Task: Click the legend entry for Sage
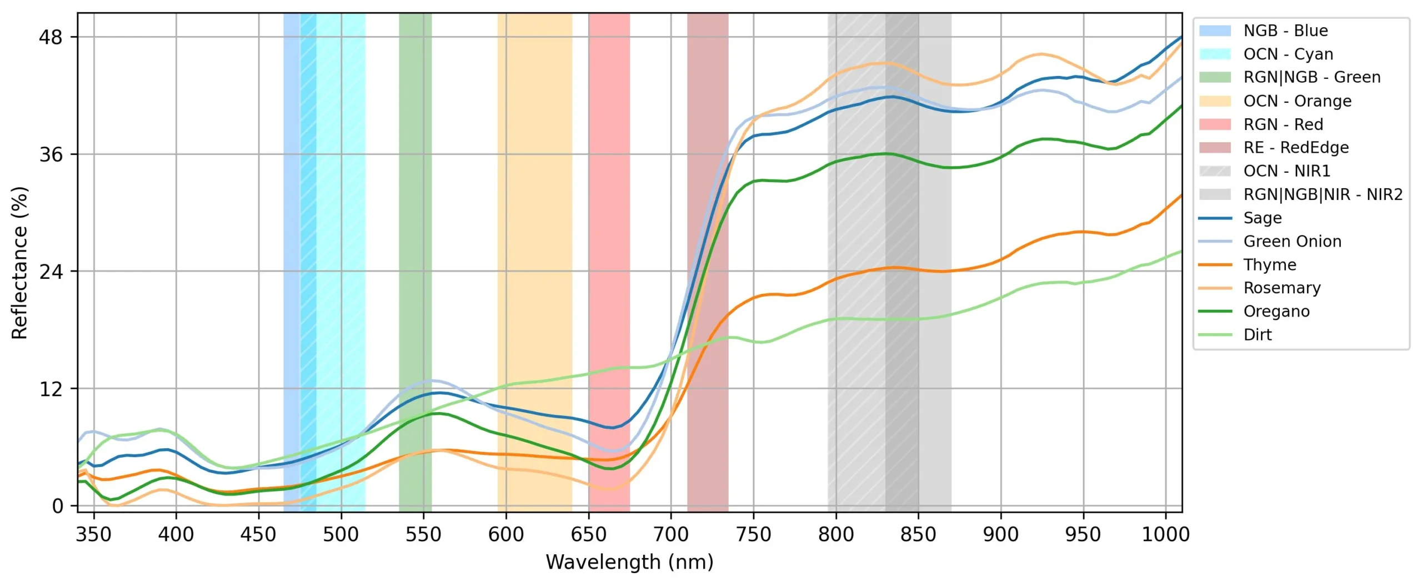coord(1262,218)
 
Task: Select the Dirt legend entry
coord(1257,334)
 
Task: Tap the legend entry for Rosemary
coord(1281,288)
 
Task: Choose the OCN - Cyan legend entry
coord(1288,54)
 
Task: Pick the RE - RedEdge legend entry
coord(1295,147)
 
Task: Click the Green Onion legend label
coord(1292,241)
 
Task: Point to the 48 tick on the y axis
coord(51,37)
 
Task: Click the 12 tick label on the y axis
coord(51,389)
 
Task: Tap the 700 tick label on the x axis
coord(670,534)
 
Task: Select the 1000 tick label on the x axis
coord(1165,534)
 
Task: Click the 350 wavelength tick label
coord(94,534)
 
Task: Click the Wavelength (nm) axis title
coord(629,562)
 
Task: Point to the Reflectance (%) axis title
coord(19,262)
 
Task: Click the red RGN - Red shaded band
coord(609,222)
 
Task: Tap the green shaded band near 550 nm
coord(415,222)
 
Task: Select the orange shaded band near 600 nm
coord(534,222)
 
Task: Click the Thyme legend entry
coord(1269,264)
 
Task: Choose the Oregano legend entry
coord(1276,311)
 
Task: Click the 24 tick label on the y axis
coord(51,272)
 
